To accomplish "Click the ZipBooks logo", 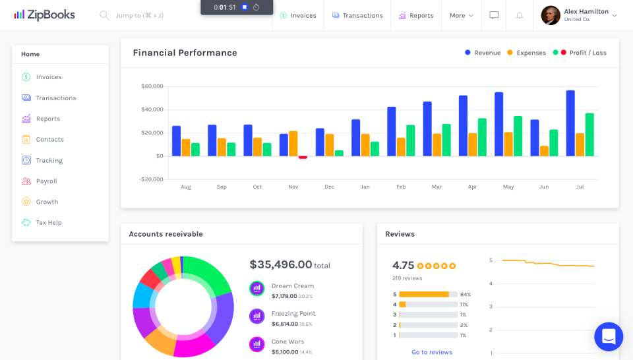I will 44,15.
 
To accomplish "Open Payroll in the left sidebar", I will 46,181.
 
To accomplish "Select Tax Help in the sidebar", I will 48,222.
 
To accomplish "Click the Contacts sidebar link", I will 49,139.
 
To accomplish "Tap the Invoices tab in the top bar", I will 298,15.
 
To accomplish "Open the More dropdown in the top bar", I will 462,15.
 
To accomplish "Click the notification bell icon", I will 520,15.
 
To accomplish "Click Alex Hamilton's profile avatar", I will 551,15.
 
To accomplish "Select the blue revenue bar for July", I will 570,123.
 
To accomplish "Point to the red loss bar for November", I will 303,158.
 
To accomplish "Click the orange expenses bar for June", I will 544,151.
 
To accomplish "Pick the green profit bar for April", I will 482,137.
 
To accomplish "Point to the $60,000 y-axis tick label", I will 152,86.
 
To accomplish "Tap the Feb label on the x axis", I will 401,187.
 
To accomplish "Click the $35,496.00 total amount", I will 281,264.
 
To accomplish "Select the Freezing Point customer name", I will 293,314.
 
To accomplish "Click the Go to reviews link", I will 432,352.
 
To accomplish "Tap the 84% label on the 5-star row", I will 466,294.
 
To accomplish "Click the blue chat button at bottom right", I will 608,336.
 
